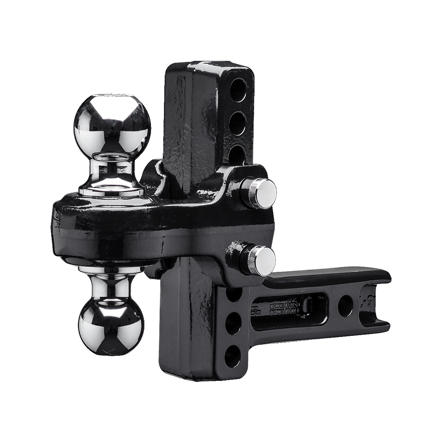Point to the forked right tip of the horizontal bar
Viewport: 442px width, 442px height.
click(376, 306)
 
